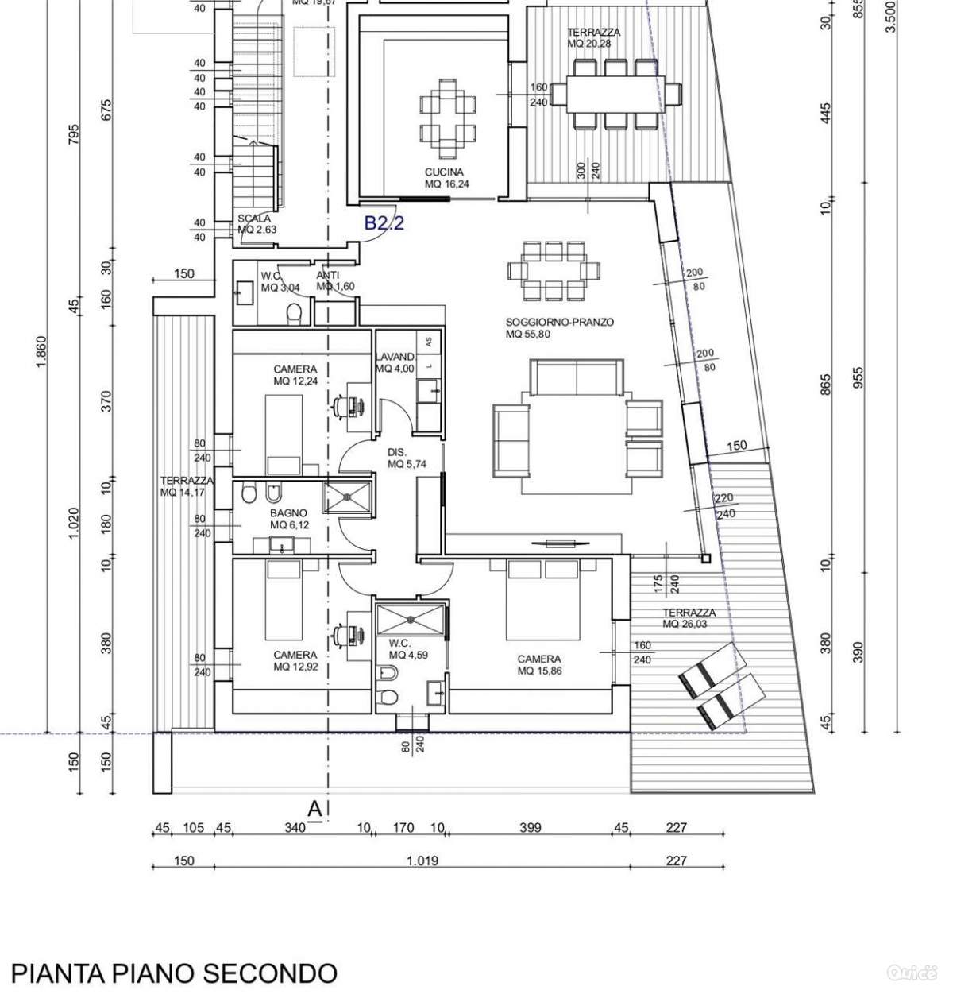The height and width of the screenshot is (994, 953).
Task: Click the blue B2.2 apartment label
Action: [x=384, y=223]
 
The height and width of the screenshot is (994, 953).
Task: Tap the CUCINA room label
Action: [x=444, y=178]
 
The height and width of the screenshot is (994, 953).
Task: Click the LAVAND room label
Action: [x=395, y=363]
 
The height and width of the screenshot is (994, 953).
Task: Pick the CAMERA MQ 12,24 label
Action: [x=295, y=375]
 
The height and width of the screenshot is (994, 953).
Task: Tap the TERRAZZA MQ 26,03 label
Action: [x=689, y=618]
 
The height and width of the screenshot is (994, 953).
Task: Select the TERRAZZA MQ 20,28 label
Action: [x=593, y=37]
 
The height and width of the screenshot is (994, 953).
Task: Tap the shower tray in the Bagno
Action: [x=347, y=497]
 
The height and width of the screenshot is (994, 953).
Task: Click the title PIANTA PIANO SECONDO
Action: [x=174, y=973]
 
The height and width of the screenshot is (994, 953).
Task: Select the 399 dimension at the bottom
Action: [x=530, y=828]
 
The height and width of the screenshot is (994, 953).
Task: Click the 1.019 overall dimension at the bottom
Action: [x=422, y=861]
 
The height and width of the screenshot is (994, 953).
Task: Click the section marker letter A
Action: [x=314, y=810]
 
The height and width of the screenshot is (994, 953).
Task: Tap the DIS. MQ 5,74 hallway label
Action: [x=407, y=458]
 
